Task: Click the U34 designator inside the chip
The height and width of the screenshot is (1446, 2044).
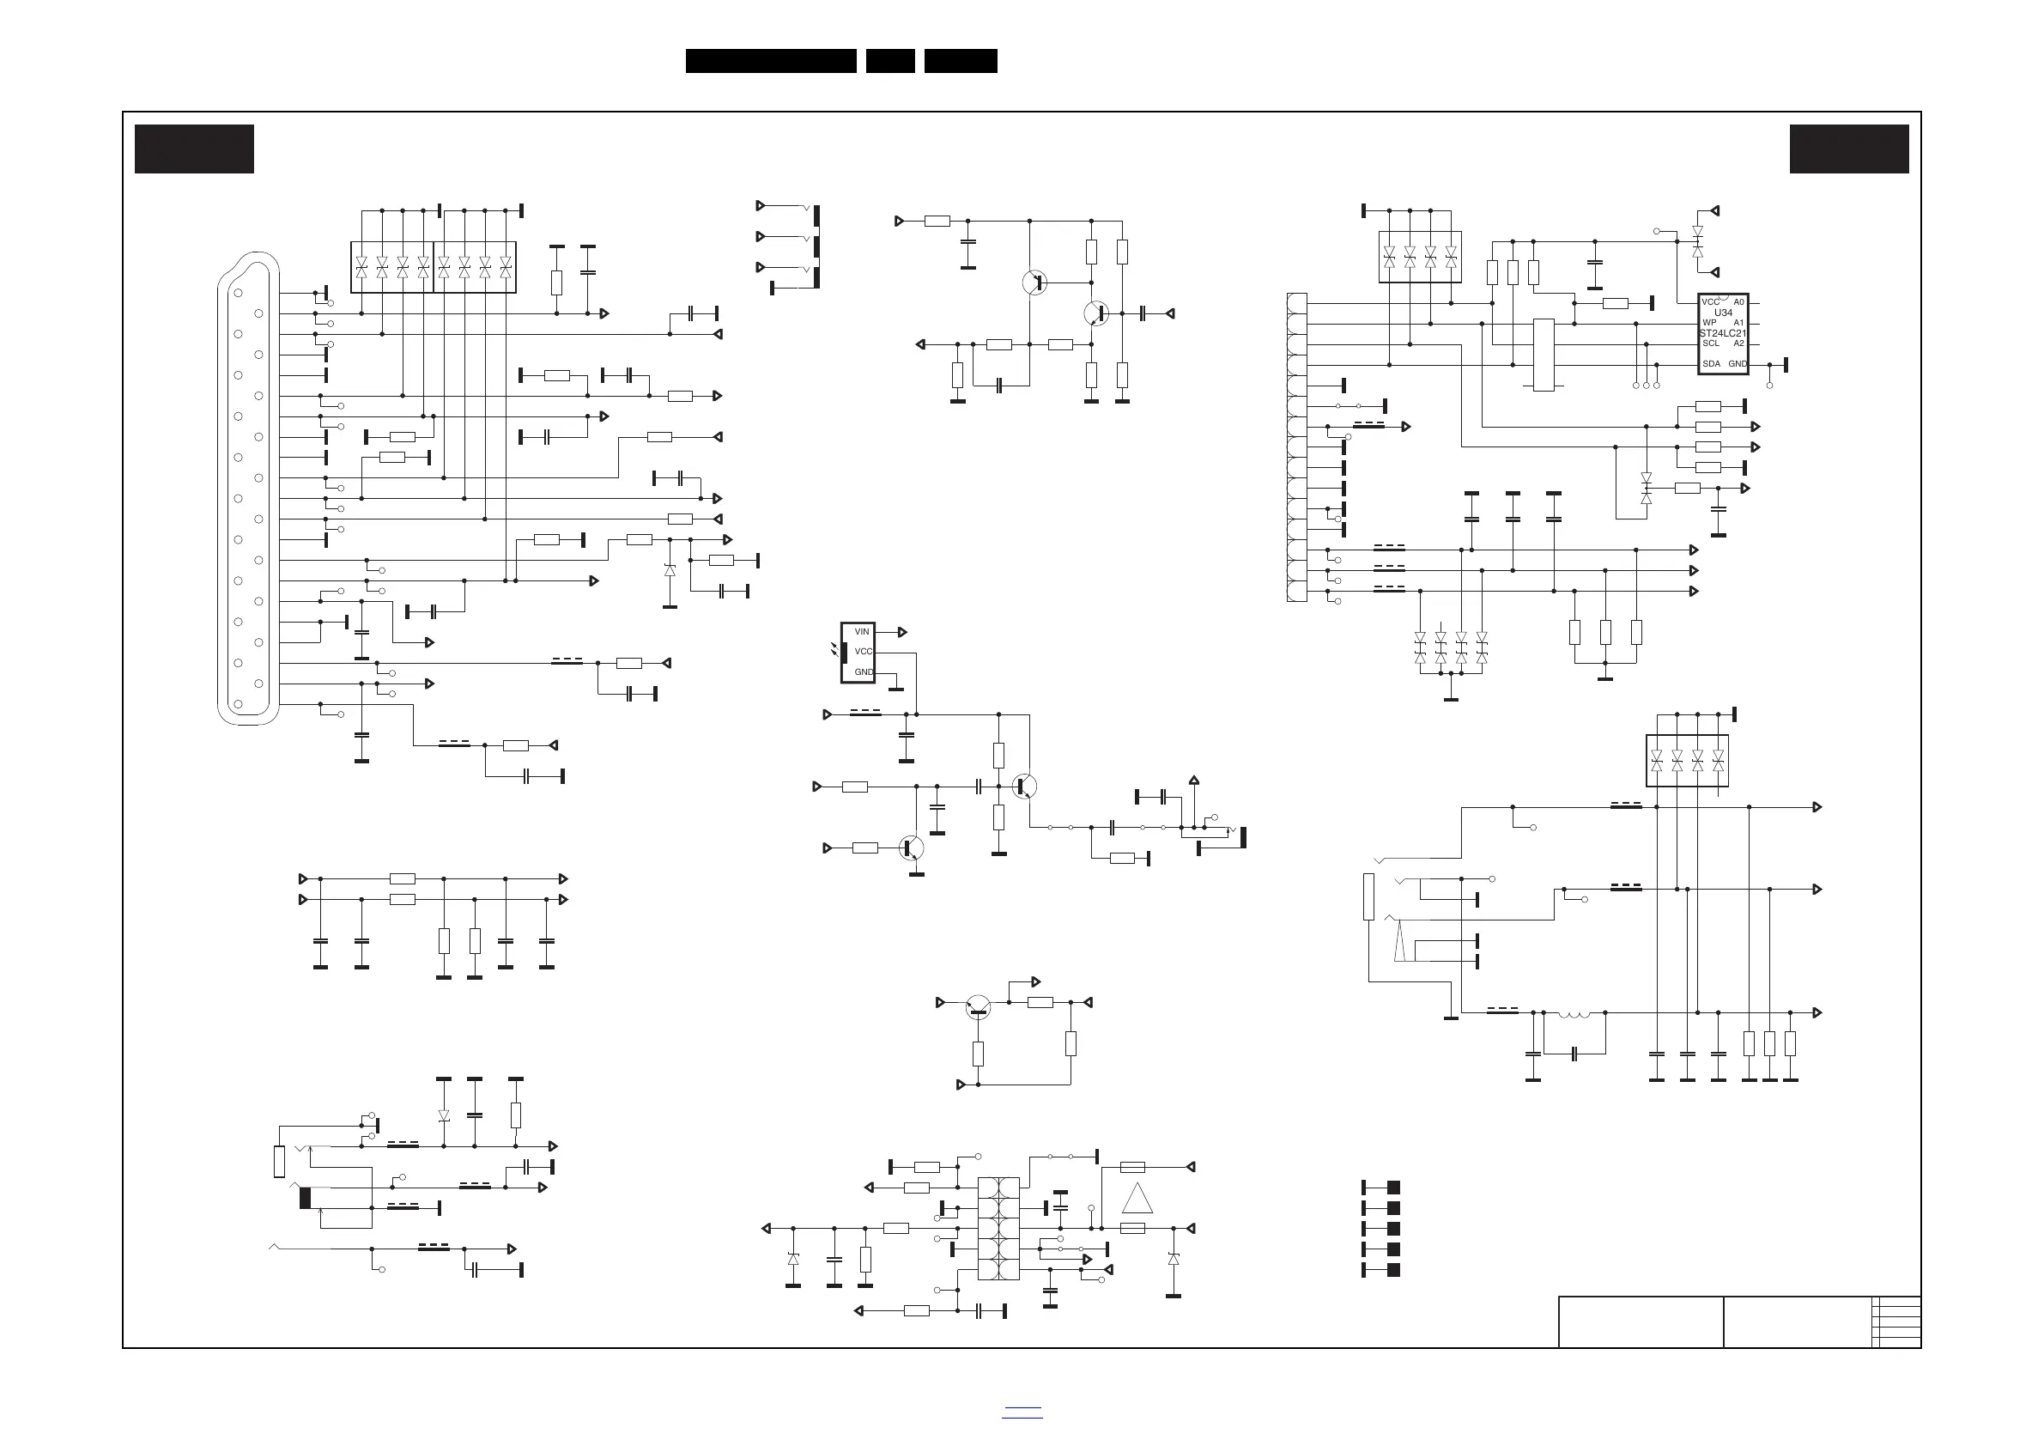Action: [x=1724, y=313]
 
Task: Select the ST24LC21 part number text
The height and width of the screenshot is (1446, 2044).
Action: [x=1723, y=333]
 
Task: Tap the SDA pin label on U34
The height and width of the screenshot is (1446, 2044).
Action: [x=1711, y=364]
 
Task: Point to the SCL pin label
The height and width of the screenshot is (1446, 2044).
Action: [x=1711, y=343]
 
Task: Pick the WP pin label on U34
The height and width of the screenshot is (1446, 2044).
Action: [x=1709, y=323]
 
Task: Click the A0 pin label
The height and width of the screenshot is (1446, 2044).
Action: [x=1738, y=303]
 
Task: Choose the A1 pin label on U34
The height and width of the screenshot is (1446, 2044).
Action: [x=1738, y=323]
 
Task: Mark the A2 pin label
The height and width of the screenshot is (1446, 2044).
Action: [x=1738, y=343]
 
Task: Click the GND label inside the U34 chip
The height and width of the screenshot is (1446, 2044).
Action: [x=1738, y=364]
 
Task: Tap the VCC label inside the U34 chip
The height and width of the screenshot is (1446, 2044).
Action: [x=1710, y=303]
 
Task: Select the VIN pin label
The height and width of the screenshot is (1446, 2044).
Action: [x=862, y=632]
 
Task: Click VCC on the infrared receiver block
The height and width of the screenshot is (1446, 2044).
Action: [x=864, y=652]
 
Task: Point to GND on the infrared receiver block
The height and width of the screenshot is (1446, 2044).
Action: [x=864, y=672]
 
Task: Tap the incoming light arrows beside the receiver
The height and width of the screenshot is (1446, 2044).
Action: [x=835, y=650]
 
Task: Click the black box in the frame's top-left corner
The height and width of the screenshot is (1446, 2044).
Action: [x=194, y=149]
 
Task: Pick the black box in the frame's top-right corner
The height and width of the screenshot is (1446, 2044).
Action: [x=1849, y=149]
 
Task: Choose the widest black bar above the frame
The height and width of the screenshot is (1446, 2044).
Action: [x=771, y=61]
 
